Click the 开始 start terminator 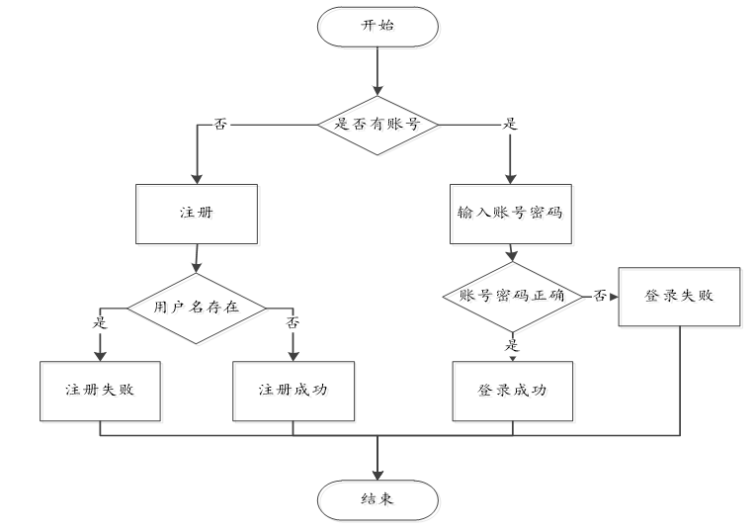click(x=377, y=27)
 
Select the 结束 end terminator click(x=377, y=499)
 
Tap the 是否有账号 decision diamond click(x=377, y=125)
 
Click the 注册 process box click(x=197, y=213)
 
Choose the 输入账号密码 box click(x=510, y=213)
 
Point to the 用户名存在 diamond click(x=197, y=306)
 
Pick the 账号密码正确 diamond click(x=510, y=296)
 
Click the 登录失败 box click(x=679, y=296)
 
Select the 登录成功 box click(x=512, y=389)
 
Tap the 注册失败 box click(x=100, y=389)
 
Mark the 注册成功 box click(x=294, y=389)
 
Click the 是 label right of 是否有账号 click(x=511, y=126)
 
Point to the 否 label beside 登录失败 click(x=599, y=296)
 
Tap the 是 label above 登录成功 click(x=513, y=345)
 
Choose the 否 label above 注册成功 click(x=294, y=322)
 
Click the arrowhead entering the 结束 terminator click(x=377, y=473)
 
